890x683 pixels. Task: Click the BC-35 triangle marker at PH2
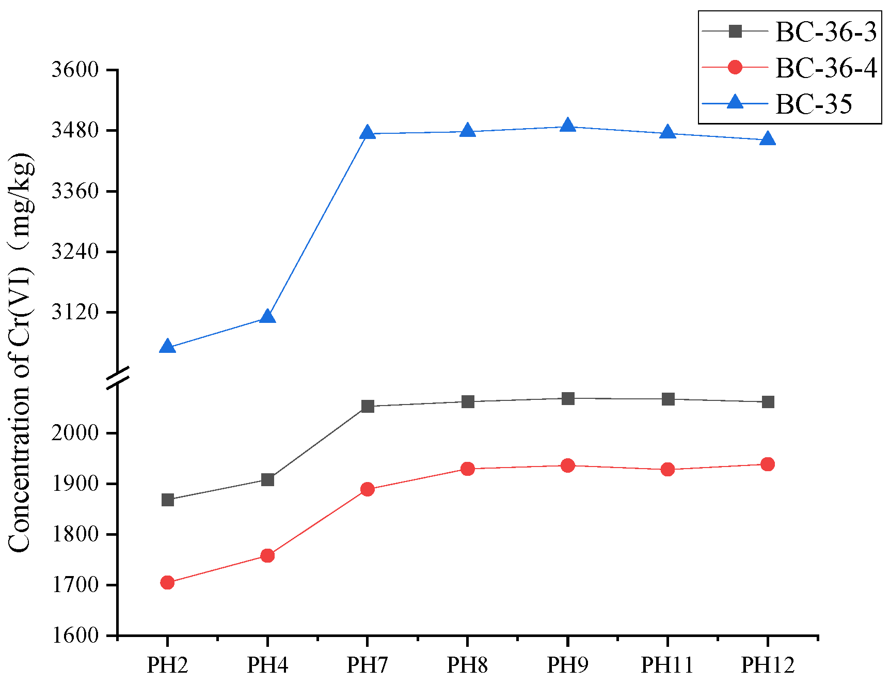click(167, 347)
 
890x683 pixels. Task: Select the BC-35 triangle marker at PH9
click(568, 126)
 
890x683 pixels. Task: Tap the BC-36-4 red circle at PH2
click(167, 582)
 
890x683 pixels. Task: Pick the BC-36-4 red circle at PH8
click(468, 469)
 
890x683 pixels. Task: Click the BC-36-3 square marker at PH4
click(267, 480)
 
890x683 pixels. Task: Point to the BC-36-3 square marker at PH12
click(768, 402)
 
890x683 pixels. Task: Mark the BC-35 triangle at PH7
click(368, 133)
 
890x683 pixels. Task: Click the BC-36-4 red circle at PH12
click(768, 464)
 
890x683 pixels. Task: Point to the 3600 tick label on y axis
click(75, 69)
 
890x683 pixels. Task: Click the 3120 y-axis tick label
click(75, 312)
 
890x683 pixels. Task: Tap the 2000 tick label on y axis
click(75, 432)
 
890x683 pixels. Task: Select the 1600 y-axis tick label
click(75, 635)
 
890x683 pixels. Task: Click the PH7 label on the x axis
click(367, 665)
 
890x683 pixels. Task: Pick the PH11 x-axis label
click(667, 665)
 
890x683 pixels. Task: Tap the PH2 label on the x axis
click(167, 665)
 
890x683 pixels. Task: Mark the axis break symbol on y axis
click(118, 378)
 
